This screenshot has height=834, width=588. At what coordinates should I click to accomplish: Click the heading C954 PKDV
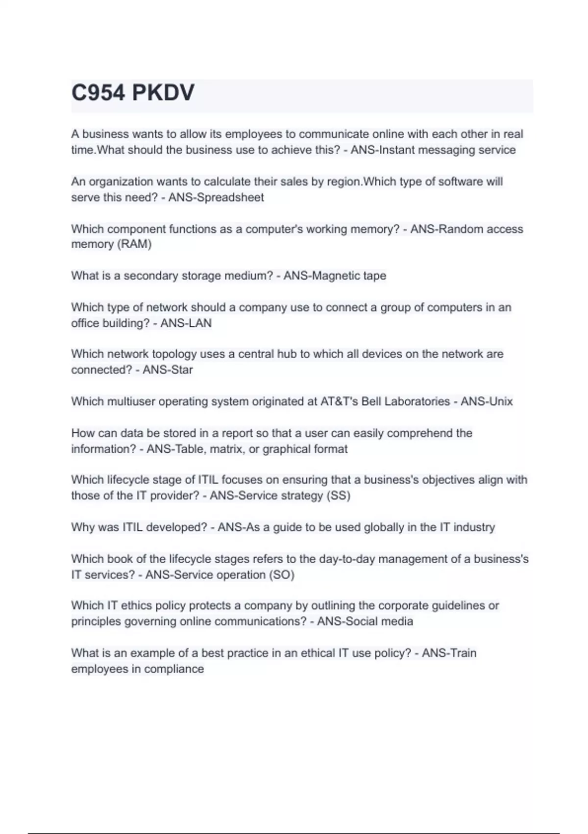[x=133, y=93]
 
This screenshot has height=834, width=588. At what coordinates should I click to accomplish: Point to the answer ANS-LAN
[x=186, y=323]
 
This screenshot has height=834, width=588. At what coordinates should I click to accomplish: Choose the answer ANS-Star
[x=168, y=369]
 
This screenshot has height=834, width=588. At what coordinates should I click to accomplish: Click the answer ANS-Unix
[x=487, y=401]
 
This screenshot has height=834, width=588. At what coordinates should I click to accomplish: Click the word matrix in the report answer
[x=226, y=449]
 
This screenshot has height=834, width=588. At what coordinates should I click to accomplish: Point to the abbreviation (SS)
[x=338, y=495]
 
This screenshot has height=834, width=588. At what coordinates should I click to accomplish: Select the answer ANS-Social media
[x=365, y=621]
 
